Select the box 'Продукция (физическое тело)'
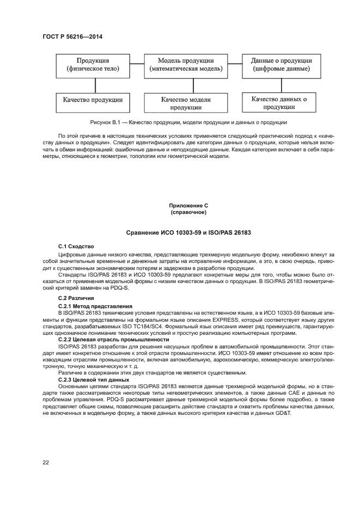click(96, 65)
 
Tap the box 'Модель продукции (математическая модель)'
click(185, 65)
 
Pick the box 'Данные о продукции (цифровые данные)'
click(277, 65)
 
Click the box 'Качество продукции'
click(96, 100)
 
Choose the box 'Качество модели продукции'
click(186, 104)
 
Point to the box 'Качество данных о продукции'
click(278, 103)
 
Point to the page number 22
click(46, 463)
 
